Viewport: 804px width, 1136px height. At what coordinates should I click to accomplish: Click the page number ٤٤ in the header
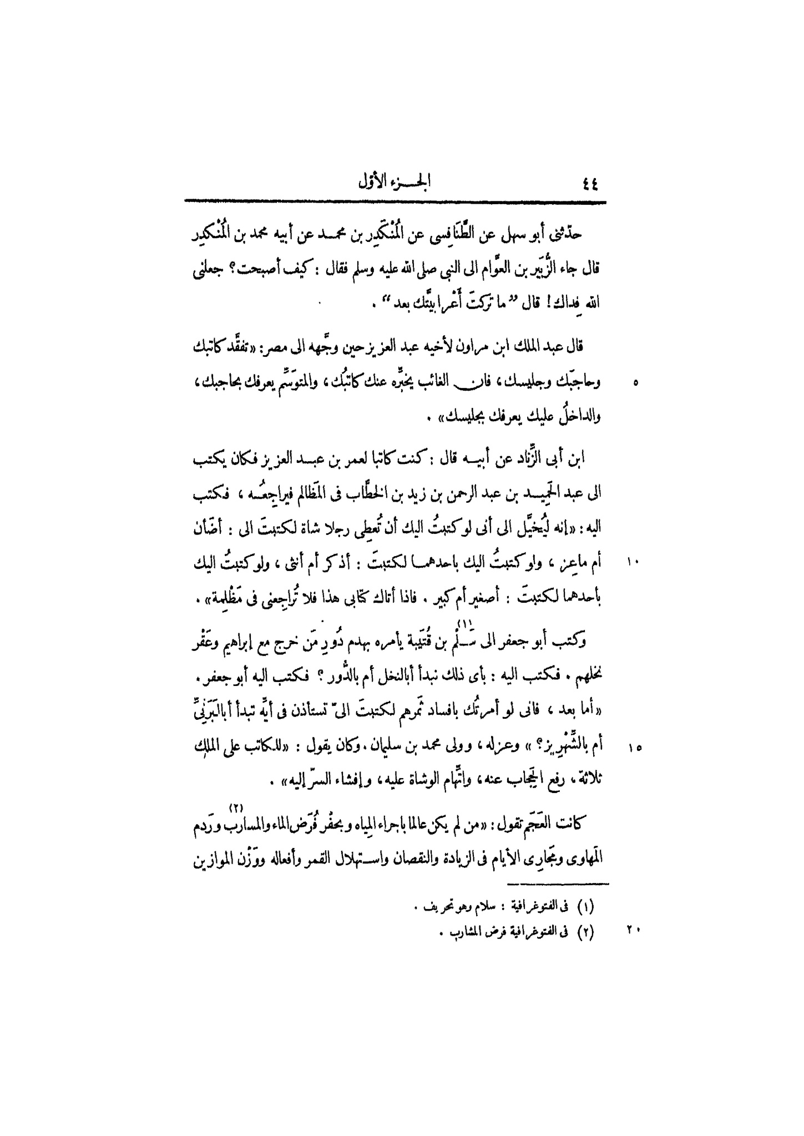(588, 183)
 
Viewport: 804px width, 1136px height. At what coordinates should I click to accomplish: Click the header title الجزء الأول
(396, 183)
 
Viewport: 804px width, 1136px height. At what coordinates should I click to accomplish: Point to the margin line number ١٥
(634, 749)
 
